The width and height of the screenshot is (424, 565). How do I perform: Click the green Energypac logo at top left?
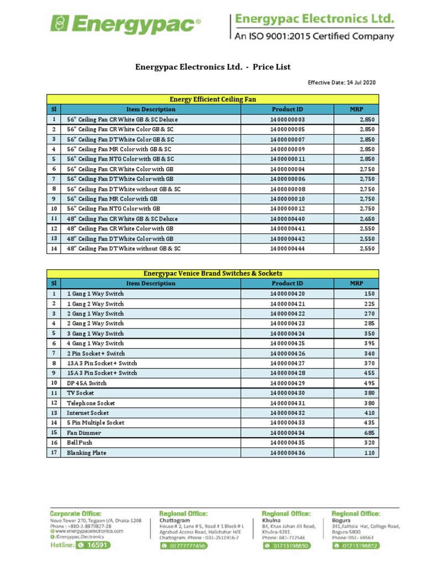[x=125, y=25]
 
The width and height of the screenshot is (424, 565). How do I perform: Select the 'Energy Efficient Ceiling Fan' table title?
[x=213, y=99]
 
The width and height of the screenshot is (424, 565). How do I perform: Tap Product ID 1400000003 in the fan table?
[x=287, y=119]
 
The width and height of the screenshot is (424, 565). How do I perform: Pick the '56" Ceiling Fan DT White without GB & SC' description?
[x=124, y=189]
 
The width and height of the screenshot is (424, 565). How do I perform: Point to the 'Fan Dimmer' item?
[x=84, y=433]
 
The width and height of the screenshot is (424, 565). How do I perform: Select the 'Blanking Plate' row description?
[x=87, y=452]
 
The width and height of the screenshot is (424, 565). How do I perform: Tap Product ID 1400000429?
[x=287, y=383]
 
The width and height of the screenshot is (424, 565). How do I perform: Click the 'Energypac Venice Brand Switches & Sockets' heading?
[x=213, y=273]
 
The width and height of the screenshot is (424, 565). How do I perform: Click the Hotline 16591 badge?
[x=81, y=545]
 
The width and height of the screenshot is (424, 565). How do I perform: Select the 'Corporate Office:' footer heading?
[x=76, y=513]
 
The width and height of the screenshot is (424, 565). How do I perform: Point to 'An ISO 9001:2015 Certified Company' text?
[x=315, y=36]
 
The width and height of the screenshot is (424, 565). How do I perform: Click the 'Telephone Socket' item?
[x=91, y=403]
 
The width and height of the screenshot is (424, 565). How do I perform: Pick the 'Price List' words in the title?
[x=272, y=67]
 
